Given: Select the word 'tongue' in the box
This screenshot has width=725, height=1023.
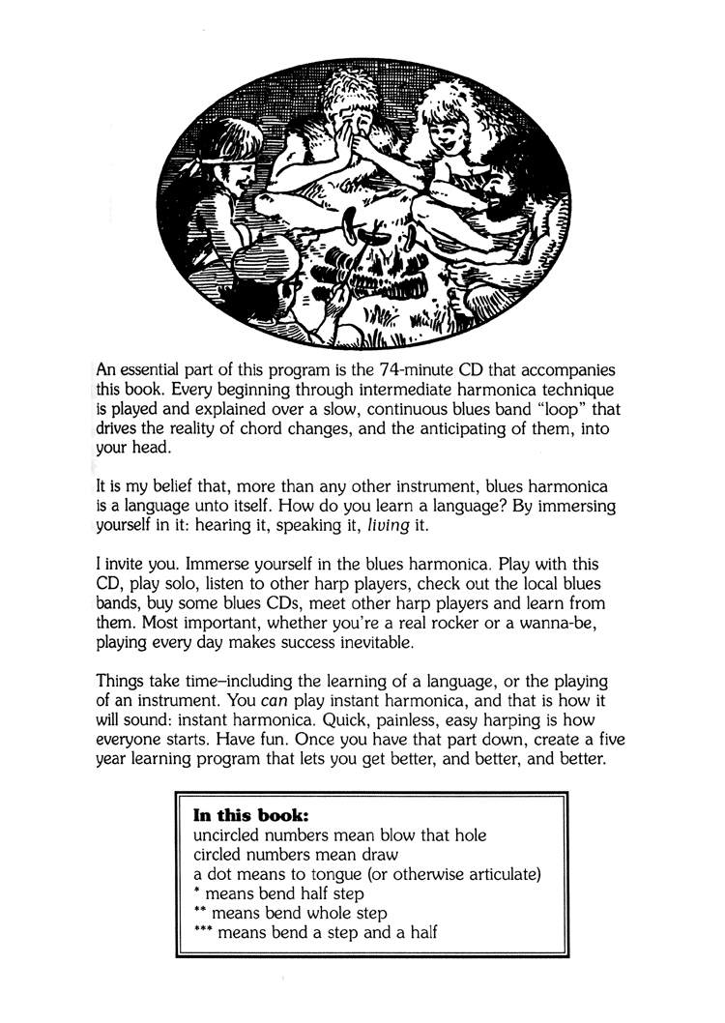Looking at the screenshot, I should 331,875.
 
